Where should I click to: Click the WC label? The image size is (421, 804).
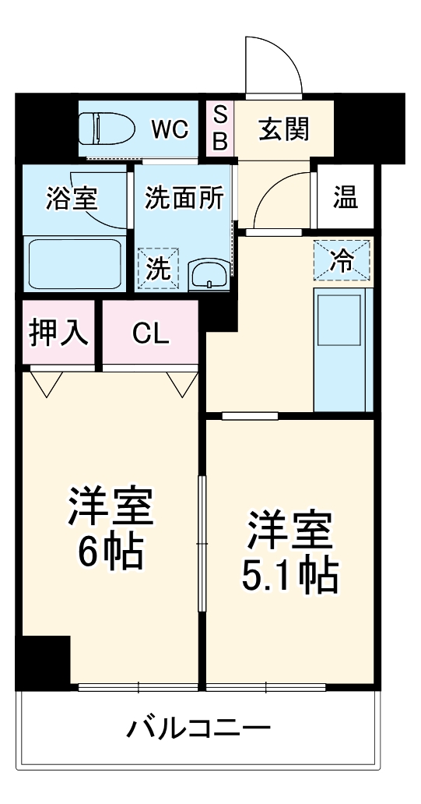pyautogui.click(x=169, y=129)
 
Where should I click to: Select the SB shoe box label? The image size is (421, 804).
pyautogui.click(x=220, y=129)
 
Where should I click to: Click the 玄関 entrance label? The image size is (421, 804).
pyautogui.click(x=283, y=129)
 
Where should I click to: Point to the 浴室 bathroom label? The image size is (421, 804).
pyautogui.click(x=72, y=199)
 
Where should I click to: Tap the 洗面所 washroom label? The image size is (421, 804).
pyautogui.click(x=184, y=199)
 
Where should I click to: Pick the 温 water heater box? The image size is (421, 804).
pyautogui.click(x=346, y=199)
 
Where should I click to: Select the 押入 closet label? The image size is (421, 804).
pyautogui.click(x=58, y=333)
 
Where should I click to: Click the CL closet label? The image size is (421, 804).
pyautogui.click(x=149, y=333)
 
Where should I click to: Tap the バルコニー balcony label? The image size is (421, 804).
pyautogui.click(x=199, y=729)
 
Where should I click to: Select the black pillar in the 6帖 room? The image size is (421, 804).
pyautogui.click(x=44, y=661)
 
